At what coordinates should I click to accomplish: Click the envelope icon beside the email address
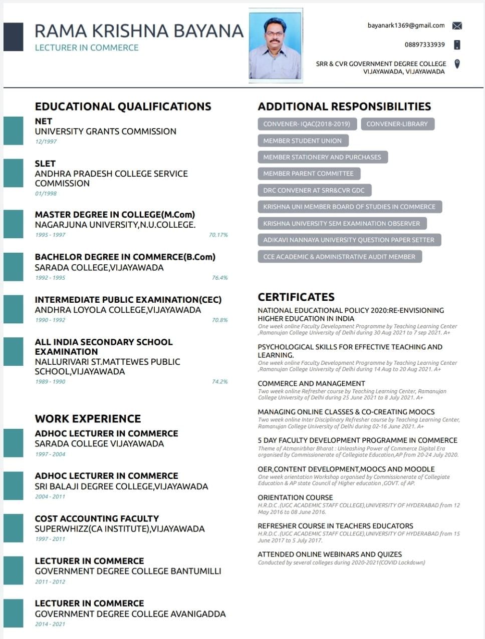point(457,26)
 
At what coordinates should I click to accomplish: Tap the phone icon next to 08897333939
point(457,45)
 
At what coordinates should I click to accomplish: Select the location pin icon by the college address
point(457,64)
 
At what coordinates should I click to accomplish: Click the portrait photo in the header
point(276,46)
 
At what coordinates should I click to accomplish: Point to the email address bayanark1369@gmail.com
point(406,26)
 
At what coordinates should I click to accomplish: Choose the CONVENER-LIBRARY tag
point(397,124)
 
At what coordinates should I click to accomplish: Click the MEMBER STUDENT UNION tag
point(303,141)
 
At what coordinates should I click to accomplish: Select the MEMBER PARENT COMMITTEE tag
point(309,174)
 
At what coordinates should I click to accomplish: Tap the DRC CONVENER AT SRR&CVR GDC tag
point(314,190)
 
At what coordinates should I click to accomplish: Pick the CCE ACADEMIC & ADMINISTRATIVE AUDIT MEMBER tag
point(339,257)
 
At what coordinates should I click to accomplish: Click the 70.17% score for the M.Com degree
point(218,235)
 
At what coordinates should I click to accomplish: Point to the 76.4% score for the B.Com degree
point(219,278)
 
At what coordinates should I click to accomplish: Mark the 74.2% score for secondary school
point(219,382)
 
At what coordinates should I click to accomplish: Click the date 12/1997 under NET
point(46,142)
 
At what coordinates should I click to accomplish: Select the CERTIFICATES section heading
point(296,297)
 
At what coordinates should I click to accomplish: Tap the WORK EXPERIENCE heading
point(88,418)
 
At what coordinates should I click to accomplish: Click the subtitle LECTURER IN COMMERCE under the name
point(87,48)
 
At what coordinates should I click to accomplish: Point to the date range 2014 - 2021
point(50,624)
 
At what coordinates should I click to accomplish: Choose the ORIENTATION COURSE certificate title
point(295,497)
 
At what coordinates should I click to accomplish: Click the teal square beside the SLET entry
point(14,173)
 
